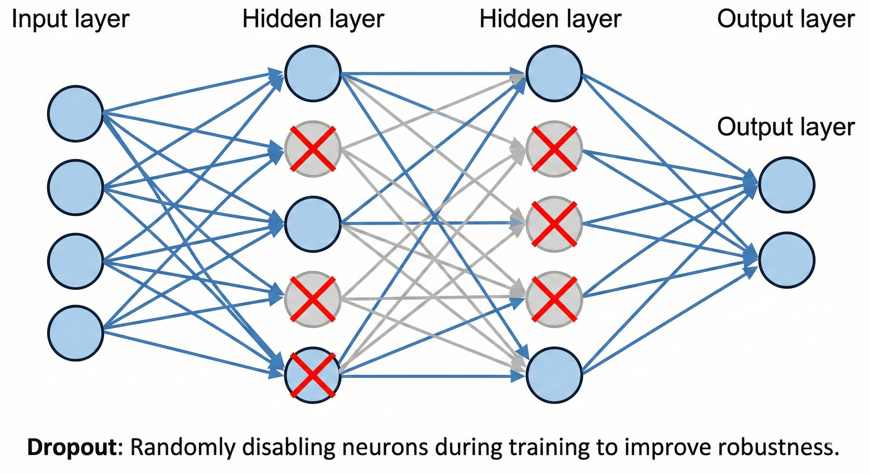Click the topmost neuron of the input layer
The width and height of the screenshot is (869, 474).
click(x=75, y=114)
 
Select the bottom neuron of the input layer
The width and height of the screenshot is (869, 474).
click(x=75, y=333)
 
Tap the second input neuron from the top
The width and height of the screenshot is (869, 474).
click(x=75, y=187)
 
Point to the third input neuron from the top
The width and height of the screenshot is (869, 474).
click(x=75, y=261)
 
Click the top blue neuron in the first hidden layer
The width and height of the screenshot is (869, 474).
click(x=313, y=73)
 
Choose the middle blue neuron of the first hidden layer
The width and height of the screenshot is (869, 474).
click(x=313, y=224)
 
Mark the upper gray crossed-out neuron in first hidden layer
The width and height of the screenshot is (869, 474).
click(x=313, y=149)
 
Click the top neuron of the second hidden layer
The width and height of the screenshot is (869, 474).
click(x=554, y=73)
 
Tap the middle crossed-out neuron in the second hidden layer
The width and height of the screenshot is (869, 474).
click(x=554, y=224)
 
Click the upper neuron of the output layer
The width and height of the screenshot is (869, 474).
click(x=787, y=185)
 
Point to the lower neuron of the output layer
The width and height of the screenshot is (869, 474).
click(x=787, y=260)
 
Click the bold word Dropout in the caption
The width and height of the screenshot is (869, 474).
click(x=72, y=448)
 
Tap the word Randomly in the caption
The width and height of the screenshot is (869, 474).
click(x=181, y=448)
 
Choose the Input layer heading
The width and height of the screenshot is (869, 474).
click(x=70, y=19)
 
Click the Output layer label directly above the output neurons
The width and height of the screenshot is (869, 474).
click(x=786, y=127)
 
